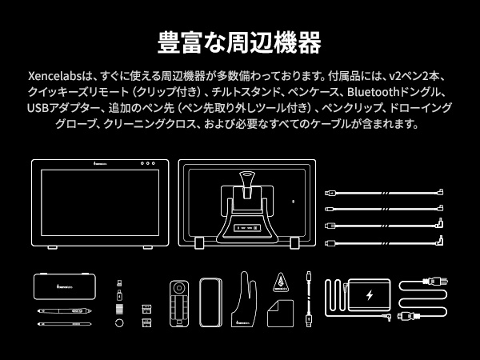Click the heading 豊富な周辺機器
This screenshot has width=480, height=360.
[240, 41]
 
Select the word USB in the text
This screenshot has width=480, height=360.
[37, 109]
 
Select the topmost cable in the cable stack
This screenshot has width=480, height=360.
[385, 192]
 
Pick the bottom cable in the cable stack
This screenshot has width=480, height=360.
[385, 241]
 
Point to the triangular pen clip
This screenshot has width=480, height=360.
[281, 282]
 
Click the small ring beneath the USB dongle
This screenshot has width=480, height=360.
[119, 322]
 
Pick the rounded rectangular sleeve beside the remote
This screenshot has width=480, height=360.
[211, 302]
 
